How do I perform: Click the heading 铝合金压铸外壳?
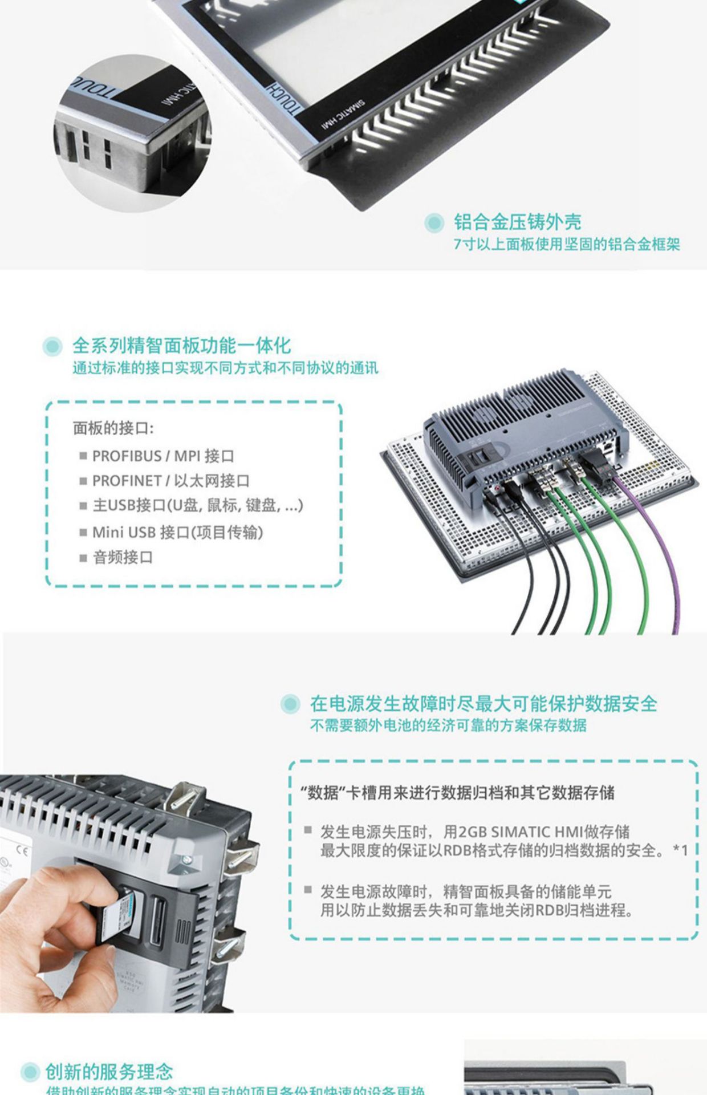tap(517, 222)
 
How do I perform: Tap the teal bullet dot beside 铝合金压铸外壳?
tap(434, 223)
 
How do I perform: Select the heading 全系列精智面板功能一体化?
tap(181, 346)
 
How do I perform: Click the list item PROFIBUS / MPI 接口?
tap(163, 456)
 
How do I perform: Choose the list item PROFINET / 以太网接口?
tap(170, 481)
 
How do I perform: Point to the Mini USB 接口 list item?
tap(177, 532)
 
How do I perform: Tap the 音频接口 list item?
tap(123, 557)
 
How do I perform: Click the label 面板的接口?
tap(113, 428)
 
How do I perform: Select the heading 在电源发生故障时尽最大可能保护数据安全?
tap(483, 704)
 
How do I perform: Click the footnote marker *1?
tap(680, 851)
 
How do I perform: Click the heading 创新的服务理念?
tap(108, 1072)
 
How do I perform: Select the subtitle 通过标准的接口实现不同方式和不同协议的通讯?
tap(225, 368)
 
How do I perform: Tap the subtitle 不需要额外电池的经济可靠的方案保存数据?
tap(448, 725)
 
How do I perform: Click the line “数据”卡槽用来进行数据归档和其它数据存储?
tap(457, 793)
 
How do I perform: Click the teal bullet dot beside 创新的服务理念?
tap(29, 1072)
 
